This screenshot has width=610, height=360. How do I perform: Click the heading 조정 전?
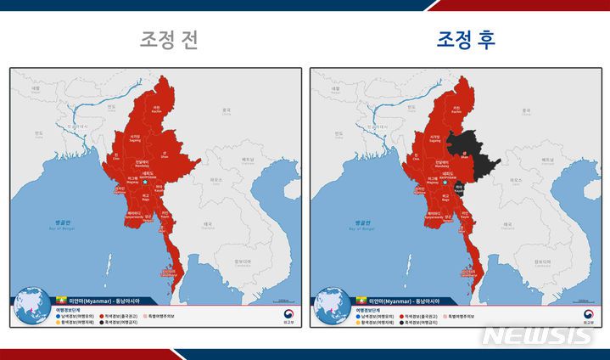(x=169, y=39)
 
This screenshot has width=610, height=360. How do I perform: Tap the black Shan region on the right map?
(x=471, y=153)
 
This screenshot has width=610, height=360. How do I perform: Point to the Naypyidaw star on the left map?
(x=145, y=183)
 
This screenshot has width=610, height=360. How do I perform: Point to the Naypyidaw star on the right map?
(x=445, y=183)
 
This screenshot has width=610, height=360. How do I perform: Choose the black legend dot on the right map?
(x=402, y=323)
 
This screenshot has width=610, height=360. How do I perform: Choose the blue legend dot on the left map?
(x=59, y=316)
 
